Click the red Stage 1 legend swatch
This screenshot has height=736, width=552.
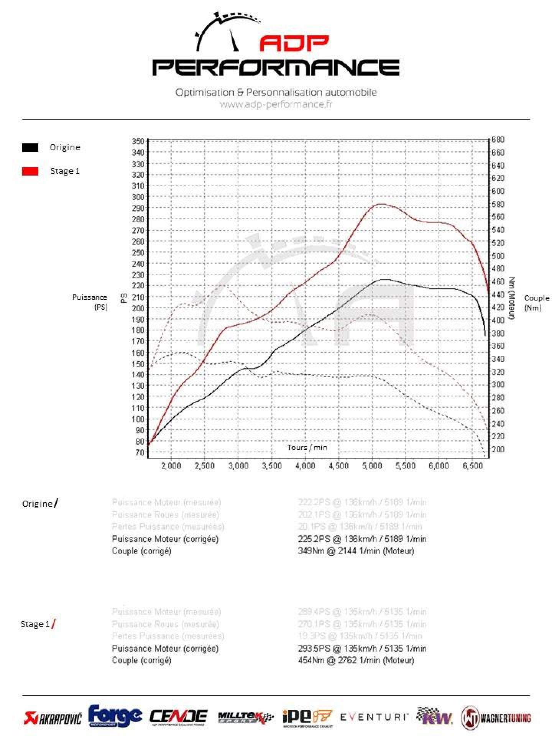tap(30, 171)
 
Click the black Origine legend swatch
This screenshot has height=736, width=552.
tap(30, 148)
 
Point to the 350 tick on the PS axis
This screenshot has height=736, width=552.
tap(138, 141)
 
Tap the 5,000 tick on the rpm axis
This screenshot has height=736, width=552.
tap(372, 466)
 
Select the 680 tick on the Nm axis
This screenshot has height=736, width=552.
tap(498, 140)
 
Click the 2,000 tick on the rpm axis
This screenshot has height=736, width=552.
tap(171, 466)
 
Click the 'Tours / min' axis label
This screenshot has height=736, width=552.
tap(307, 447)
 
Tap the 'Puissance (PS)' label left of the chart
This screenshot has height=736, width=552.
tap(90, 302)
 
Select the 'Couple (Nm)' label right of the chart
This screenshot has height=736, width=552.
tap(536, 302)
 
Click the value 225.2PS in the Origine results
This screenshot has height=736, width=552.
tap(314, 539)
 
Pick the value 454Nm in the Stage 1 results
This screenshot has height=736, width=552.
tap(311, 660)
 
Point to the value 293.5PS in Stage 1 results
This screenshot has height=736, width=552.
tap(314, 648)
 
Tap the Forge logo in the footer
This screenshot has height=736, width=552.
tap(115, 716)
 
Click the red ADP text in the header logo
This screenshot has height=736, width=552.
tap(294, 43)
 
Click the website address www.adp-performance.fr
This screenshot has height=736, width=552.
tap(276, 104)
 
